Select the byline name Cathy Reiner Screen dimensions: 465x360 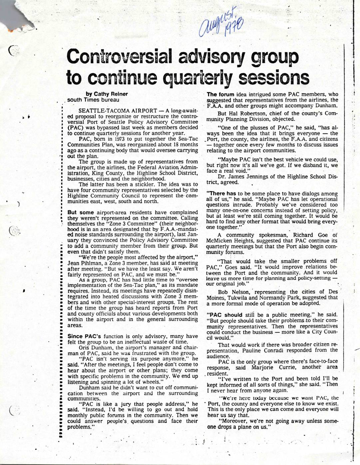(112, 94)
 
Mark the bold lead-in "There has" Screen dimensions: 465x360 (221, 193)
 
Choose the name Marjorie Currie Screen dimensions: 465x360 (274, 367)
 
